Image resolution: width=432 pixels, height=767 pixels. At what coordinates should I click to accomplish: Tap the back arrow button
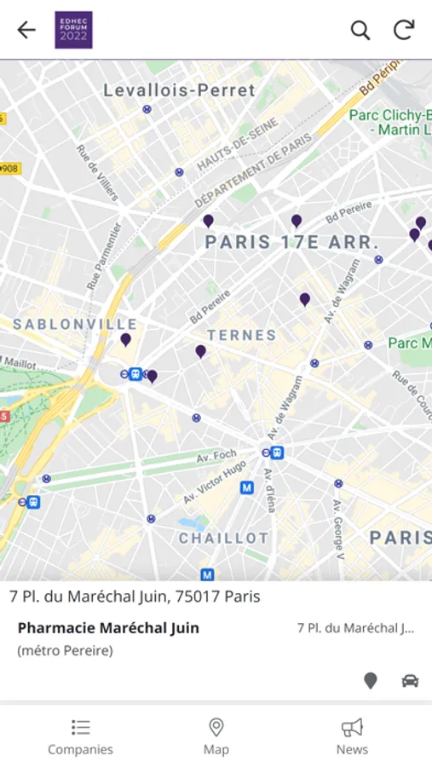tap(26, 30)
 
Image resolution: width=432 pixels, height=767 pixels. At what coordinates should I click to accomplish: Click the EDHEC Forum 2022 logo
tap(73, 30)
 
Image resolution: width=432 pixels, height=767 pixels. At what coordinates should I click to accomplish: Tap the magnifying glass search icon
tap(360, 30)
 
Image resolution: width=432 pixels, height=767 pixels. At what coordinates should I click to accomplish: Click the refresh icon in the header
tap(404, 30)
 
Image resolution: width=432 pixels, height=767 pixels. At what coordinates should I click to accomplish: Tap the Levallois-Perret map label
tap(179, 90)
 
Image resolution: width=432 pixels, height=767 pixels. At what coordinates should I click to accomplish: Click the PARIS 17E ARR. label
tap(291, 243)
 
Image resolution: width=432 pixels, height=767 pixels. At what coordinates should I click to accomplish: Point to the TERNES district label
tap(241, 336)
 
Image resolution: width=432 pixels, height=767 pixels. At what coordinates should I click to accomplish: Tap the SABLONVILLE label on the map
tap(75, 325)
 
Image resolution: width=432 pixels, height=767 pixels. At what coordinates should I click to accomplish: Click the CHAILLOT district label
tap(223, 539)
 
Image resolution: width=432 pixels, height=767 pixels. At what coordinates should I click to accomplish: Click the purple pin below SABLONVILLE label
tap(125, 339)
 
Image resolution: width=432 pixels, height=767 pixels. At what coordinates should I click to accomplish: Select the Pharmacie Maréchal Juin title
tap(108, 628)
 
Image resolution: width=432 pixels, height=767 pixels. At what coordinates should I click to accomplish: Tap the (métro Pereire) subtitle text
tap(65, 651)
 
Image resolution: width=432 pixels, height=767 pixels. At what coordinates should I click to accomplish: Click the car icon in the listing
tap(410, 680)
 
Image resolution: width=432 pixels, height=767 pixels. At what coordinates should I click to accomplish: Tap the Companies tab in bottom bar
tap(80, 736)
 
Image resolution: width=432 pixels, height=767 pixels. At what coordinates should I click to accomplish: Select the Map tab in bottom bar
tap(216, 736)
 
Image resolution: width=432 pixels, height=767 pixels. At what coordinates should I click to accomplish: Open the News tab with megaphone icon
tap(352, 736)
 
